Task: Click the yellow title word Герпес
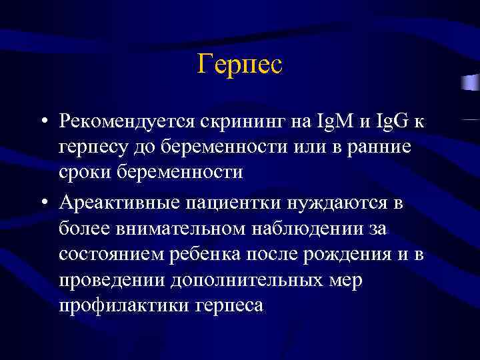click(x=240, y=65)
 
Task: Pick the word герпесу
click(x=95, y=147)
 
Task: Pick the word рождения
click(x=346, y=254)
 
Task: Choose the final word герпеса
click(x=230, y=305)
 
